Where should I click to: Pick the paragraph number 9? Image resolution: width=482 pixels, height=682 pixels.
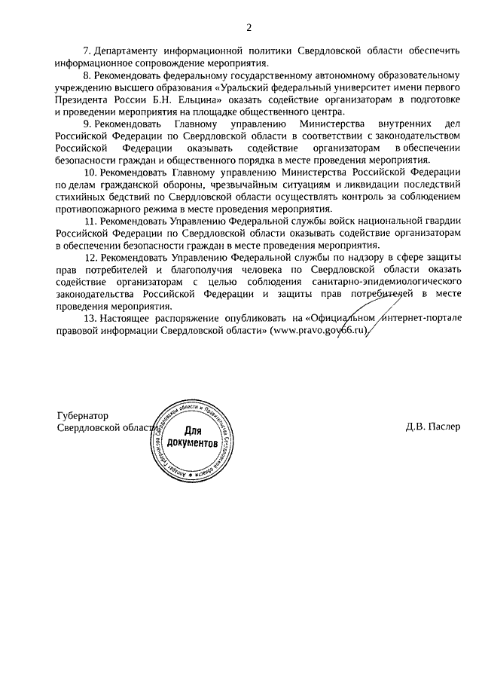coord(87,124)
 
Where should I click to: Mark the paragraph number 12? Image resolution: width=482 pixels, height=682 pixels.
coord(90,258)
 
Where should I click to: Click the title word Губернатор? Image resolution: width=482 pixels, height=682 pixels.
coord(83,416)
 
